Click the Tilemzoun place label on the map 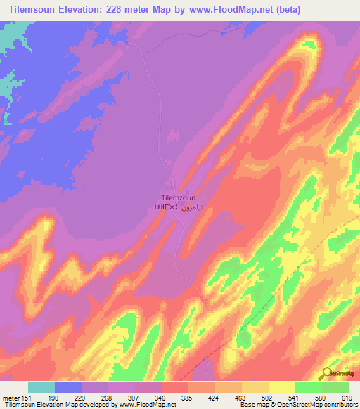(178, 198)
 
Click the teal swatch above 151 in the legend (41, 387)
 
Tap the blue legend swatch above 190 (68, 387)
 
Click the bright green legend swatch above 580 (308, 387)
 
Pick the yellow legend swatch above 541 (281, 387)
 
